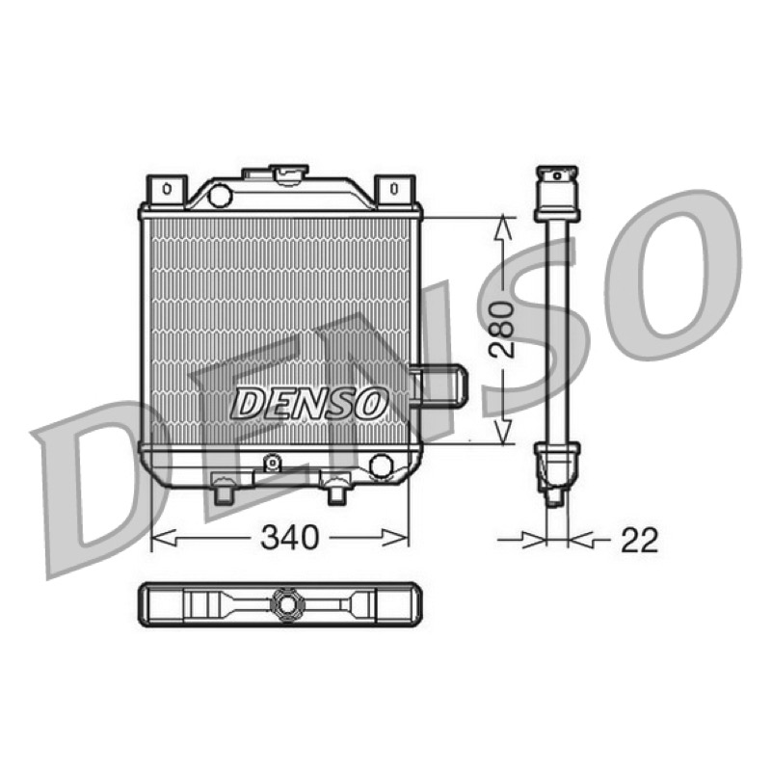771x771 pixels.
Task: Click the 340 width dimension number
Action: [x=290, y=538]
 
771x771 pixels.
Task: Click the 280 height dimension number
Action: [x=503, y=330]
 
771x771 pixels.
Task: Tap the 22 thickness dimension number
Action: [x=639, y=541]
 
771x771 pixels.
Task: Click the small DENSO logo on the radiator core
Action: [x=308, y=402]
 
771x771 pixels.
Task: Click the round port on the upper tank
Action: [x=220, y=195]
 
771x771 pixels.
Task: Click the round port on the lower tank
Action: [x=381, y=465]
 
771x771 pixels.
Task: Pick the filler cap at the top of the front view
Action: [x=291, y=174]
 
